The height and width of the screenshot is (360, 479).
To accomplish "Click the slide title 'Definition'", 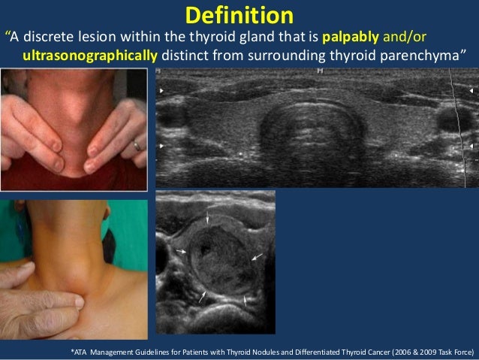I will (239, 15).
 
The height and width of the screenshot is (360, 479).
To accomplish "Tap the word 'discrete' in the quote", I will (50, 38).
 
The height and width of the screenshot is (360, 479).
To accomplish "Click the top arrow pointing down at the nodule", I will (208, 218).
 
